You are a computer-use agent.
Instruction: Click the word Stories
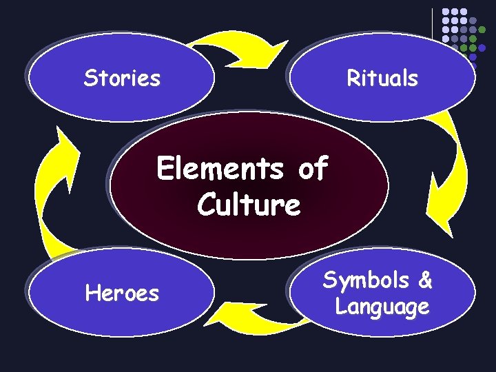122,79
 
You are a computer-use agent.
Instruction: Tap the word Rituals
382,79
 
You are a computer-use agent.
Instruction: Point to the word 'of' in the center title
313,168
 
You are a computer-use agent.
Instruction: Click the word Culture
248,205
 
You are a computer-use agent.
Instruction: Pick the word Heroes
122,294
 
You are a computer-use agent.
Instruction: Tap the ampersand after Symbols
425,280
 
